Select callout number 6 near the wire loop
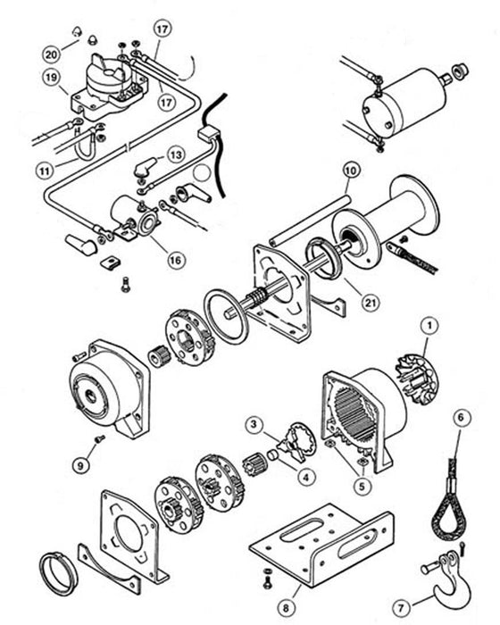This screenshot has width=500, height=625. (x=461, y=417)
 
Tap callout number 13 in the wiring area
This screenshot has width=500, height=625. (x=176, y=154)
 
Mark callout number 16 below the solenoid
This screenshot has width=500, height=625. (x=175, y=259)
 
